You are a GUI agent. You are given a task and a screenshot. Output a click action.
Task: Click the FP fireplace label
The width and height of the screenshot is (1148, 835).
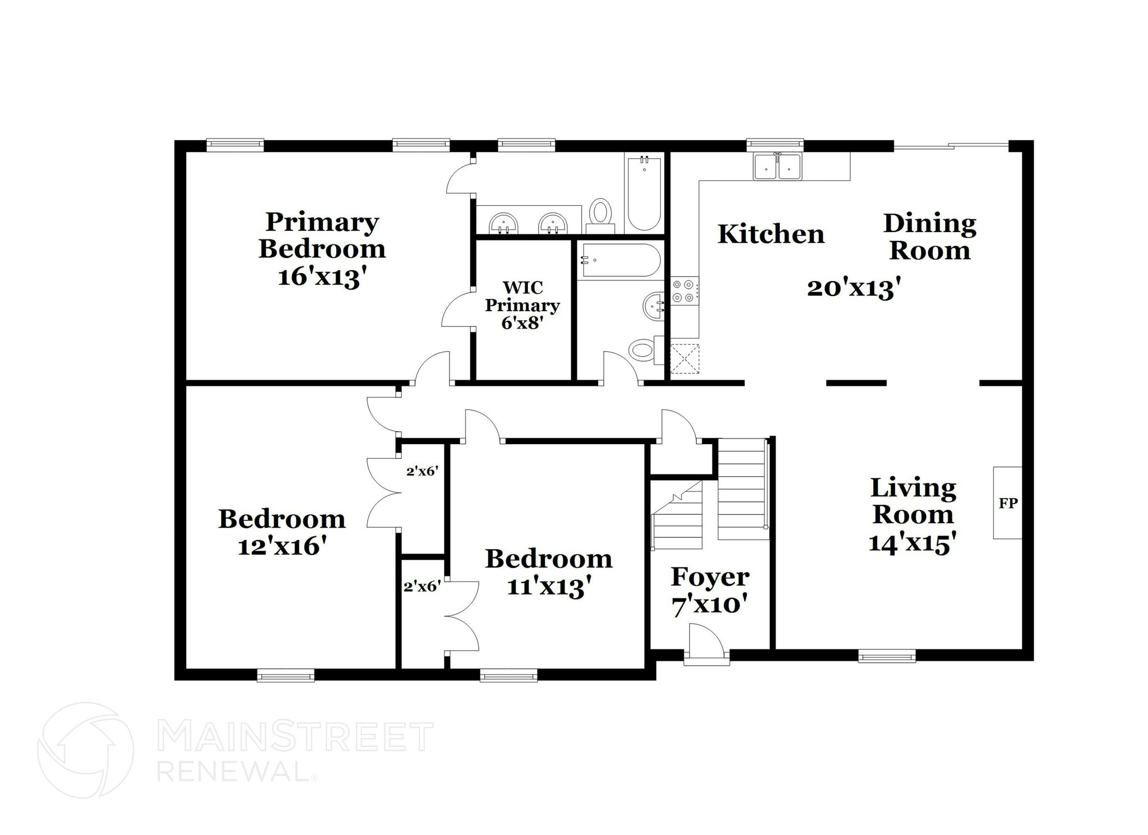coord(1008,503)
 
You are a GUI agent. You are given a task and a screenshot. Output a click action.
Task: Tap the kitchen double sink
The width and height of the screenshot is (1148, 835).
coord(777,166)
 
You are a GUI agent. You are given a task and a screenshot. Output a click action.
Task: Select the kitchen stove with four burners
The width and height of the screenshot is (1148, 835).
coord(685,291)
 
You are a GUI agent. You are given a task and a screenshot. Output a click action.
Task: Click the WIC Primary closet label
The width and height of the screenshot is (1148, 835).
coord(522,305)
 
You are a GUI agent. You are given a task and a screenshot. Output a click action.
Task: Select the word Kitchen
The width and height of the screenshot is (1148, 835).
coord(771,234)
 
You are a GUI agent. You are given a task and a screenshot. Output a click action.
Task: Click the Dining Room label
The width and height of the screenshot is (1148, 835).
coord(929,237)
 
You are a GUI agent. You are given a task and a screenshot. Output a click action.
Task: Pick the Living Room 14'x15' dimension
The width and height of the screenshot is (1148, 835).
coord(912,543)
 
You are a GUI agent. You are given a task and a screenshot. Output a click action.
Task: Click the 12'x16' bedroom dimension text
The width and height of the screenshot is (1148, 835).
coord(282,546)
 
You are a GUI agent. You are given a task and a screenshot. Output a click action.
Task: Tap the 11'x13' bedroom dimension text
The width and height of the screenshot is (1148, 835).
coord(549,587)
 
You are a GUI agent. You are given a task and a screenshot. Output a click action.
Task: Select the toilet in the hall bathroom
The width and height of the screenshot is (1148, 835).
coord(643,351)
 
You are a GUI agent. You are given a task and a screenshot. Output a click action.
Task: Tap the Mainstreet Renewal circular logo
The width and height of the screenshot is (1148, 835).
coord(86,750)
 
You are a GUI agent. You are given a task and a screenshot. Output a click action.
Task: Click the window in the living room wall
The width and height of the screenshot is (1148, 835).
coord(887,655)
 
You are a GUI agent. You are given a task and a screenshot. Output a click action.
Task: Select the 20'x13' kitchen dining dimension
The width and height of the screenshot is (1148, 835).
coord(853,288)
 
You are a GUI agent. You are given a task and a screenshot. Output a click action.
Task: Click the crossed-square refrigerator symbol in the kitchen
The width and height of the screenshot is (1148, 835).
coord(684,358)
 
